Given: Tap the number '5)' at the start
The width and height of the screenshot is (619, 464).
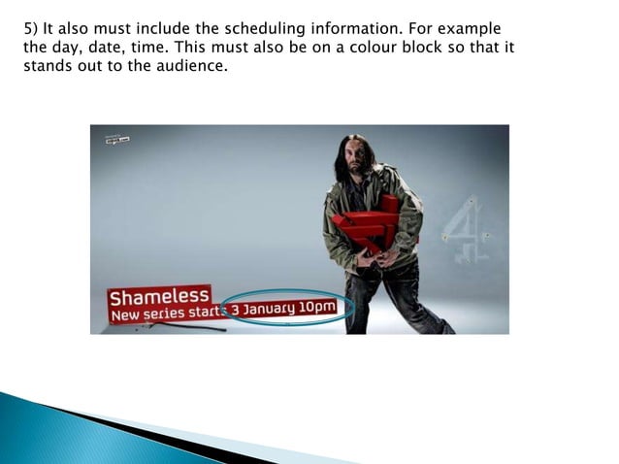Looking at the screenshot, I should [x=32, y=27].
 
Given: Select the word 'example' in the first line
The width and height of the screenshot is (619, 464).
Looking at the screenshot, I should [x=471, y=27].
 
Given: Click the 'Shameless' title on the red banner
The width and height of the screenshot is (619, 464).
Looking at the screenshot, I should [x=159, y=294].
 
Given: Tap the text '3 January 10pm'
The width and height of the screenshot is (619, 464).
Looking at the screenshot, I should [x=288, y=309].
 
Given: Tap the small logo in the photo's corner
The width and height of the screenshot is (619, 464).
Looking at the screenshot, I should [x=117, y=139].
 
